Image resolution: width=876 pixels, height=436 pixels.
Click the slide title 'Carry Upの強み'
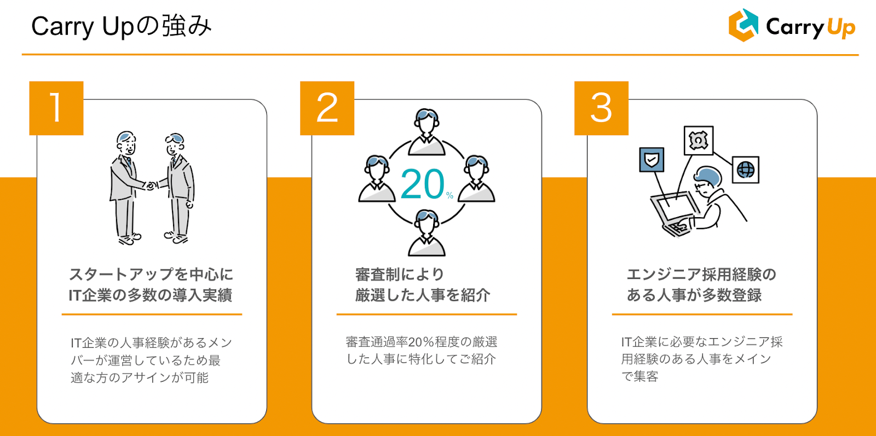click(121, 26)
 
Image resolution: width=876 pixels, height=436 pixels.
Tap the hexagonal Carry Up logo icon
click(743, 25)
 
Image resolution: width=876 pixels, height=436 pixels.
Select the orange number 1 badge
click(56, 108)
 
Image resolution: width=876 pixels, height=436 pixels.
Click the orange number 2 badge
click(327, 108)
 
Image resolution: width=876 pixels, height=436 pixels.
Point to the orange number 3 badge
click(601, 108)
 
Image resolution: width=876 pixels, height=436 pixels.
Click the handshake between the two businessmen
click(151, 185)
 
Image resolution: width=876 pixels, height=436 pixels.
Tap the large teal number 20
click(423, 184)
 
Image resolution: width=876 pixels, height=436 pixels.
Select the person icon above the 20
click(427, 131)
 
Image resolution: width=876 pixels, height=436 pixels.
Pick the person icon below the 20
click(427, 233)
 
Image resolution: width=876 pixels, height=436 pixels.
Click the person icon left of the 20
click(377, 179)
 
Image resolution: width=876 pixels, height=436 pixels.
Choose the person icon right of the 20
click(476, 179)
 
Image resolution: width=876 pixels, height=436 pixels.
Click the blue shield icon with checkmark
click(652, 160)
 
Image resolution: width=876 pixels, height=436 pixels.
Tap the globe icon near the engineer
click(745, 170)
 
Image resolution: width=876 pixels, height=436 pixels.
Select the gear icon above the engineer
click(698, 141)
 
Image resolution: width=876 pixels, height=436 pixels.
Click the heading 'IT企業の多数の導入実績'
click(150, 295)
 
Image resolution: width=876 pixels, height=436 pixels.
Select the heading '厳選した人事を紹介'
click(422, 295)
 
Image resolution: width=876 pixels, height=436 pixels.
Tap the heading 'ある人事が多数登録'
click(694, 295)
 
